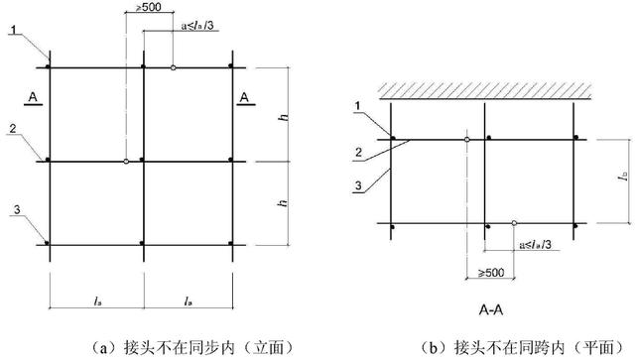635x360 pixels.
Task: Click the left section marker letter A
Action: coord(32,96)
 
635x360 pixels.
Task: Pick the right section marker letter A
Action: coord(244,96)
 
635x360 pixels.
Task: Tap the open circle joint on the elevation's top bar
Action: coord(174,67)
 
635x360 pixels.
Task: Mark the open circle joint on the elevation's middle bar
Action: coord(127,161)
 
